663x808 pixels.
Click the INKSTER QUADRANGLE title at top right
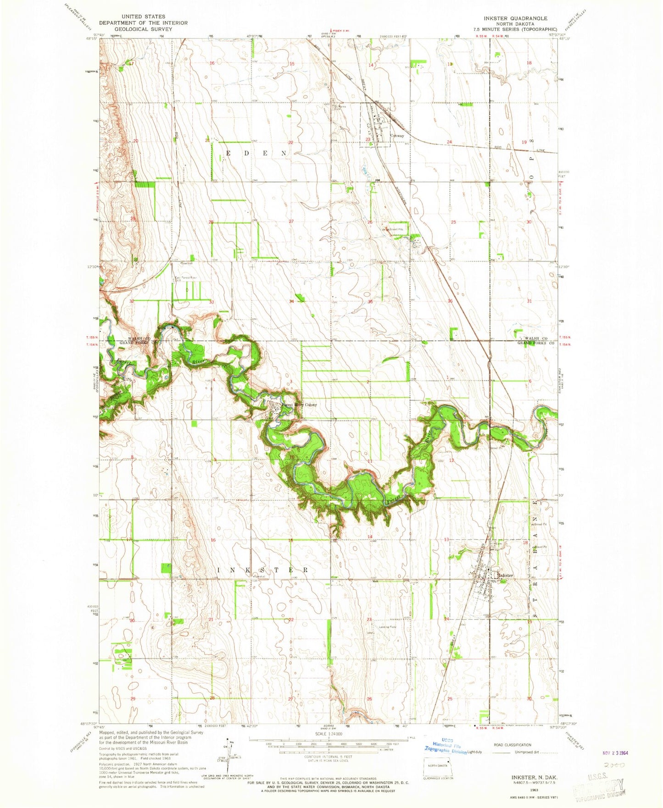(515, 18)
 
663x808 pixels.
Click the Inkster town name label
(505, 575)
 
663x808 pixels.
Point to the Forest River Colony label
(299, 405)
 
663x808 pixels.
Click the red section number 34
(291, 301)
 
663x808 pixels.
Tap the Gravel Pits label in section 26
(396, 229)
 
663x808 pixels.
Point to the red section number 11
(369, 460)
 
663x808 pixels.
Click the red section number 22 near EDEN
(291, 142)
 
